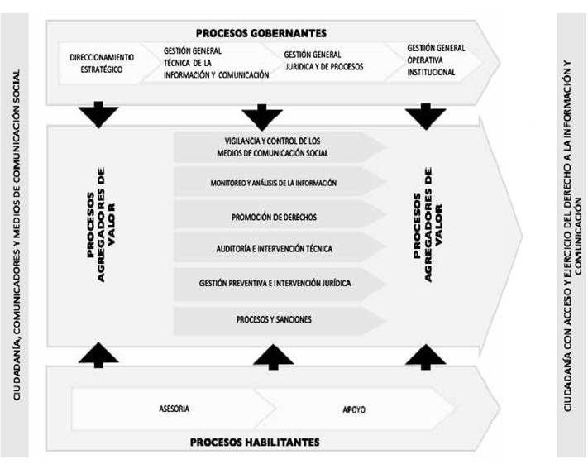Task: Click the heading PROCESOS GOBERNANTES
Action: click(261, 33)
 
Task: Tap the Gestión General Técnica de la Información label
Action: click(216, 63)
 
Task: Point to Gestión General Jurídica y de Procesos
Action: click(323, 60)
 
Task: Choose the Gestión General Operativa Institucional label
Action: click(436, 60)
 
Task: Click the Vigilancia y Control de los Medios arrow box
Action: click(280, 147)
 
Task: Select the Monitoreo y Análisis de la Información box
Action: click(280, 182)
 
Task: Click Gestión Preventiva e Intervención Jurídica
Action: click(280, 284)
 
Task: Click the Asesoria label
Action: click(174, 409)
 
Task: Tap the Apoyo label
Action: click(354, 409)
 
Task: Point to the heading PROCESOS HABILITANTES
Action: click(255, 442)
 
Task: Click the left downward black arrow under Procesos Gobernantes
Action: click(98, 114)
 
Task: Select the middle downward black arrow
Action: click(262, 117)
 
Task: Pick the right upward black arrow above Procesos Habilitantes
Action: click(426, 357)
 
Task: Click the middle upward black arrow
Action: click(274, 357)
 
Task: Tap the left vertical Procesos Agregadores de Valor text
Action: click(101, 225)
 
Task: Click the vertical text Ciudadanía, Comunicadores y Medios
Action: click(17, 235)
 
